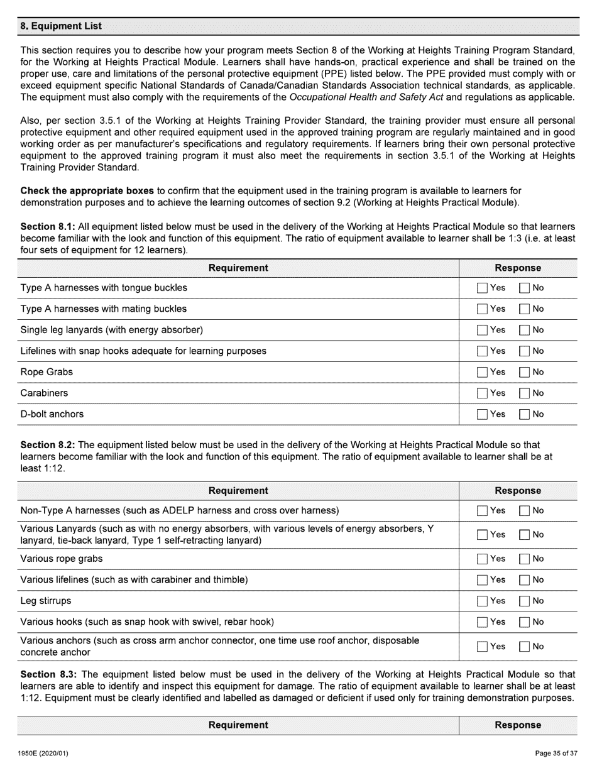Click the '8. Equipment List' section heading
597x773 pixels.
(x=61, y=26)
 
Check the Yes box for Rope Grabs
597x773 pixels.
(x=482, y=372)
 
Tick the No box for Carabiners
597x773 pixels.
(x=524, y=393)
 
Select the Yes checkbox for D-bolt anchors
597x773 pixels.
(x=482, y=414)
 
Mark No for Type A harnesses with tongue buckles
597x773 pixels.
(x=524, y=288)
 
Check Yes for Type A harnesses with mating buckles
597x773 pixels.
(x=482, y=309)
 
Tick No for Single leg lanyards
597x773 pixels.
(x=524, y=330)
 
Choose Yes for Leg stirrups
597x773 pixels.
(x=482, y=601)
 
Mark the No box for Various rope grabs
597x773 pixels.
(x=524, y=559)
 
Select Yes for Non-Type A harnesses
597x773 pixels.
(x=482, y=511)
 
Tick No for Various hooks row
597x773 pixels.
(x=524, y=622)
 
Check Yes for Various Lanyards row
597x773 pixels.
(x=482, y=535)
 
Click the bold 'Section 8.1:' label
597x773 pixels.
(x=48, y=226)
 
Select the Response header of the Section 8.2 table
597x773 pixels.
(x=518, y=491)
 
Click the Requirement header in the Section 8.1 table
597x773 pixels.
(x=238, y=268)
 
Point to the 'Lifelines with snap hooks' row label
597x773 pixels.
(x=143, y=351)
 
